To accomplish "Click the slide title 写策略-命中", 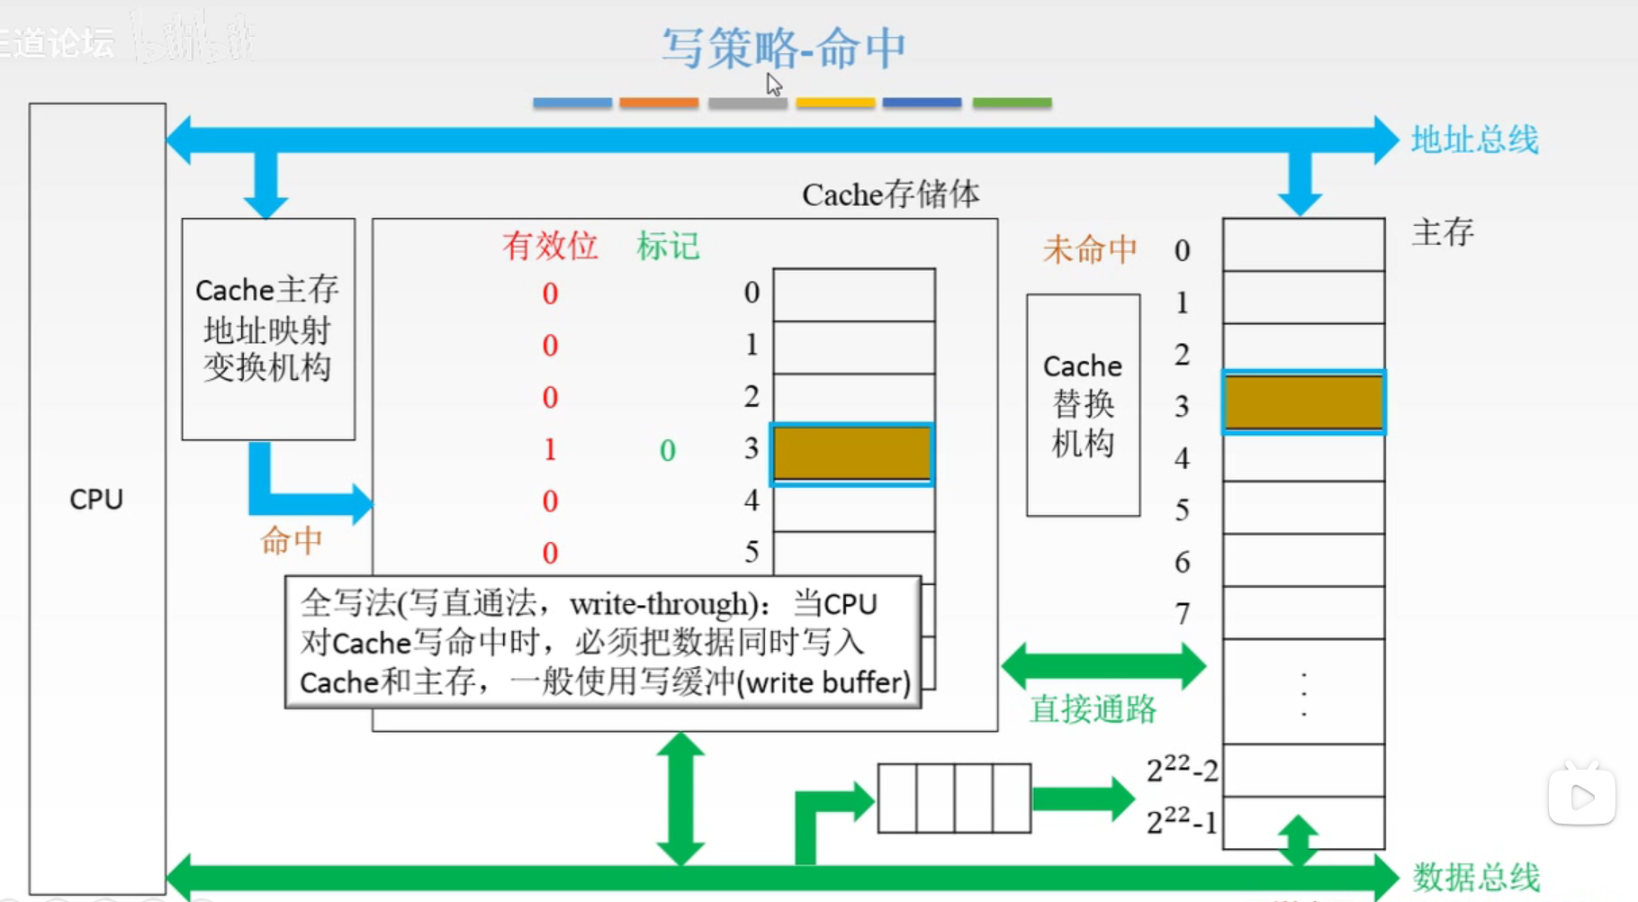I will click(x=783, y=49).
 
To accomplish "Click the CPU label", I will click(x=96, y=500).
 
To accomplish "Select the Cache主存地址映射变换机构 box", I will click(x=268, y=329).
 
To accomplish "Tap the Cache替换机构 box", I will click(x=1083, y=405).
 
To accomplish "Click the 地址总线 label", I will click(x=1474, y=140).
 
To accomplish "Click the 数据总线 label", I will click(x=1476, y=876).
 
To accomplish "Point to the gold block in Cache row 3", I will click(x=852, y=454).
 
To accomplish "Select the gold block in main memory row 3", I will click(x=1303, y=402).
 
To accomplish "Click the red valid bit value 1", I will click(x=550, y=449).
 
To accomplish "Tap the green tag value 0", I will click(x=667, y=450).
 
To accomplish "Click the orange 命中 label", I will click(x=291, y=541).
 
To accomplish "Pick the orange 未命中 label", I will click(x=1090, y=249).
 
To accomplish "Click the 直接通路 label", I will click(x=1093, y=709).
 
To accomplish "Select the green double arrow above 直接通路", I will click(x=1103, y=666).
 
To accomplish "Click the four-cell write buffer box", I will click(x=954, y=798).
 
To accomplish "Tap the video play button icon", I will click(x=1581, y=796).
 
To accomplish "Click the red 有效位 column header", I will click(x=550, y=246).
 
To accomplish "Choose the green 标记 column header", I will click(x=667, y=246).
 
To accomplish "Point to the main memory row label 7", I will click(x=1183, y=614).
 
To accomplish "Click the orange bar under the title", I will click(x=659, y=104).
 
